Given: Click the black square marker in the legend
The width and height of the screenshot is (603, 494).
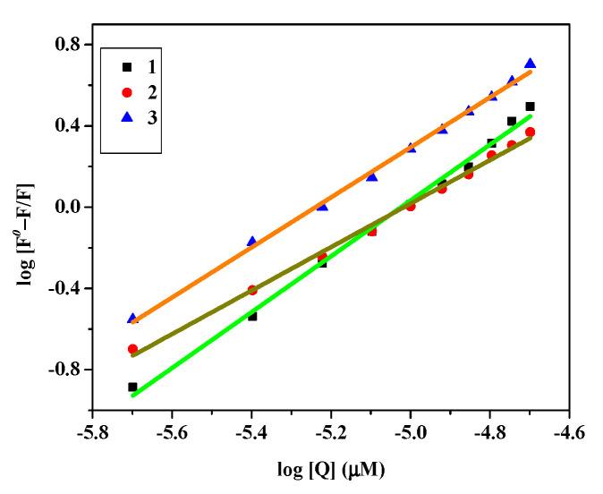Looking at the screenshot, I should point(126,67).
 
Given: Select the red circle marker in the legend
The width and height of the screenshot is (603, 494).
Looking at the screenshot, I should point(126,92).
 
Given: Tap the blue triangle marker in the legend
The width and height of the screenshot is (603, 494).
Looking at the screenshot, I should point(126,116).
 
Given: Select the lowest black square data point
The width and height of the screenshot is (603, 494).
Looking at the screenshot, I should point(132,387).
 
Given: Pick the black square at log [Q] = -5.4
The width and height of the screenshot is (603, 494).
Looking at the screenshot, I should point(252,316).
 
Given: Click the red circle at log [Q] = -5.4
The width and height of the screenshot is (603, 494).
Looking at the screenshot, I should point(252,290).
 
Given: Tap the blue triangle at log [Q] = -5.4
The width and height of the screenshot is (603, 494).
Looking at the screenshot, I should point(251,241).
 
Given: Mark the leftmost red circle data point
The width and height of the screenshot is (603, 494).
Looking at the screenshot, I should point(132,349).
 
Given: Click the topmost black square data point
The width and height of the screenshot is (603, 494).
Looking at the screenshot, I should point(530,106).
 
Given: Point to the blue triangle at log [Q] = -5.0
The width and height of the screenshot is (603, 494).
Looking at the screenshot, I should point(411,148).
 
